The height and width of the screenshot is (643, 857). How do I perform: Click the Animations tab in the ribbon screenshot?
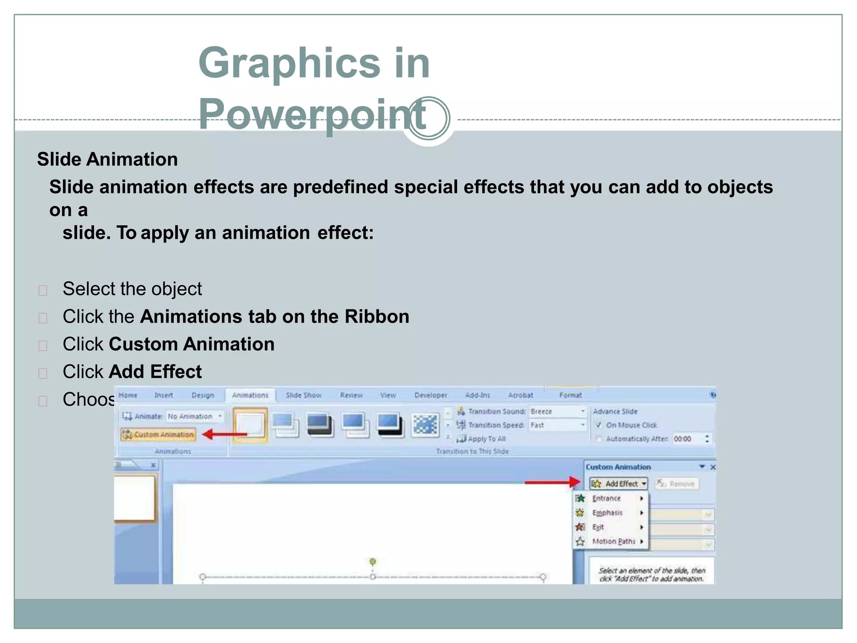pyautogui.click(x=250, y=395)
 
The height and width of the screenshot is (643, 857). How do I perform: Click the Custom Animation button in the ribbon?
pyautogui.click(x=159, y=435)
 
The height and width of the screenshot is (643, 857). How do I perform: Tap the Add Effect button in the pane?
pyautogui.click(x=619, y=484)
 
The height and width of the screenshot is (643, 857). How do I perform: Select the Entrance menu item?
pyautogui.click(x=606, y=498)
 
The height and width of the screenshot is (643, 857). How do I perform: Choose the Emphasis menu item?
pyautogui.click(x=607, y=513)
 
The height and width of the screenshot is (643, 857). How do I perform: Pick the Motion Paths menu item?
pyautogui.click(x=613, y=541)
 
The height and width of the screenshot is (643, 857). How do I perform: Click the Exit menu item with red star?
pyautogui.click(x=598, y=527)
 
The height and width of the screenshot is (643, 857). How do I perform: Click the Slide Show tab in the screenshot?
pyautogui.click(x=303, y=395)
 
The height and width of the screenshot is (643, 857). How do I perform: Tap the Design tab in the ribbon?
pyautogui.click(x=203, y=395)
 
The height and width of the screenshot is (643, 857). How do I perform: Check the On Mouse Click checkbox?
pyautogui.click(x=598, y=425)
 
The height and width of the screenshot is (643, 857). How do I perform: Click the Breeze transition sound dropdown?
pyautogui.click(x=557, y=412)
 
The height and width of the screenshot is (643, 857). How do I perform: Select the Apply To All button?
pyautogui.click(x=482, y=439)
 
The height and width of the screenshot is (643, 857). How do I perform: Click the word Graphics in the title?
pyautogui.click(x=289, y=63)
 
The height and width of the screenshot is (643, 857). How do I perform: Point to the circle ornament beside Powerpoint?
pyautogui.click(x=429, y=118)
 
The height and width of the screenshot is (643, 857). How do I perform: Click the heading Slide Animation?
pyautogui.click(x=108, y=159)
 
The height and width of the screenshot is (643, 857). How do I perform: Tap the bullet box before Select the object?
pyautogui.click(x=43, y=291)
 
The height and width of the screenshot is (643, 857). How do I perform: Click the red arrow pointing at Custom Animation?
pyautogui.click(x=224, y=434)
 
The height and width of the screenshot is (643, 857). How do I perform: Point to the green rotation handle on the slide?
pyautogui.click(x=373, y=561)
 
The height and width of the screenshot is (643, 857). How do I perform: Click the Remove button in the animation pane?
pyautogui.click(x=677, y=484)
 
